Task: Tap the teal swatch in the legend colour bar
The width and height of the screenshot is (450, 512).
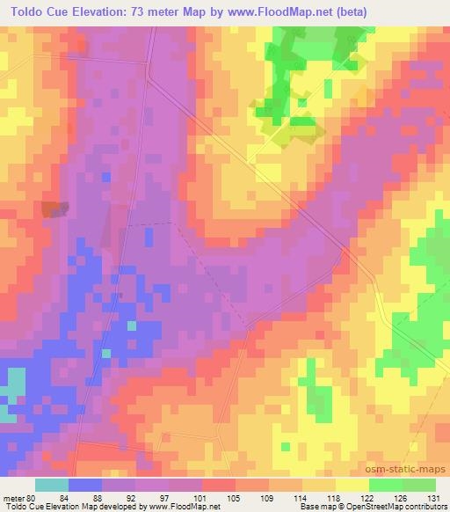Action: [52, 485]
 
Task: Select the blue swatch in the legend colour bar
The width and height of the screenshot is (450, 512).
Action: [85, 485]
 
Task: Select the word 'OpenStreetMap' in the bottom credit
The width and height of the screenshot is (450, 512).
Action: [374, 507]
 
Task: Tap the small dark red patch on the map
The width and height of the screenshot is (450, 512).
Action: [53, 208]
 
